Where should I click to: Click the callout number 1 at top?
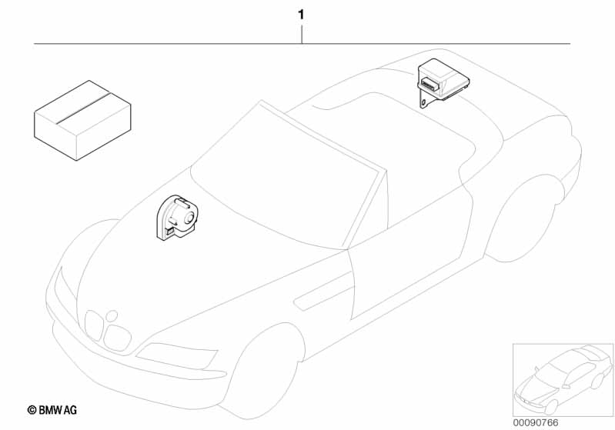point(301,15)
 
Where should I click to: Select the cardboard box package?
point(82,120)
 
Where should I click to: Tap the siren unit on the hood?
point(178,217)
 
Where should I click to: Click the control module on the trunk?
point(443,83)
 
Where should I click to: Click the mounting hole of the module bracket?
point(423,103)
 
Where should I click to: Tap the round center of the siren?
point(189,218)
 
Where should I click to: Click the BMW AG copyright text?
point(52,410)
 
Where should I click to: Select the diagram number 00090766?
point(536,422)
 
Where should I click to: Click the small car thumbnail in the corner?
point(563,379)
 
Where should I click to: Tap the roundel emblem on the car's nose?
point(112,315)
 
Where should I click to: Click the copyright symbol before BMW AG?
point(32,411)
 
